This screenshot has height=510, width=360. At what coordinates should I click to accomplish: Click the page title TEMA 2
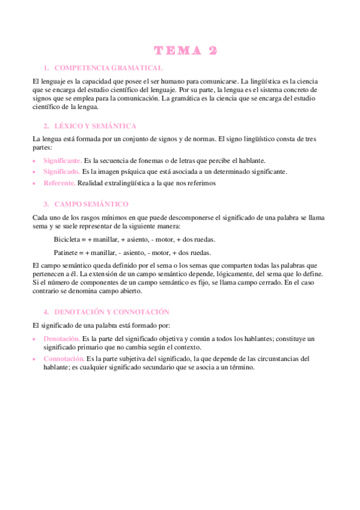185,51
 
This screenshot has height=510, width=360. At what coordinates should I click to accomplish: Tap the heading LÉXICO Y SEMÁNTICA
95,126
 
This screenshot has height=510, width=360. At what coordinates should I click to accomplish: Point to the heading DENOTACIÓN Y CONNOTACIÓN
111,312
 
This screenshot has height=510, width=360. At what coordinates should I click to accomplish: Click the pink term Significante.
63,161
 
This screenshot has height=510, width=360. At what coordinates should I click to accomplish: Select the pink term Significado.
61,171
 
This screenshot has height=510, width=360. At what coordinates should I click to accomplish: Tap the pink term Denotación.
63,339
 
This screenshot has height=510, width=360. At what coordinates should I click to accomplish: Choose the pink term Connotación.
64,358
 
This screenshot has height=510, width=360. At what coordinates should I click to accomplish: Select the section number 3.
46,204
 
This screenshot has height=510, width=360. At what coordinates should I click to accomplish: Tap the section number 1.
46,68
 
